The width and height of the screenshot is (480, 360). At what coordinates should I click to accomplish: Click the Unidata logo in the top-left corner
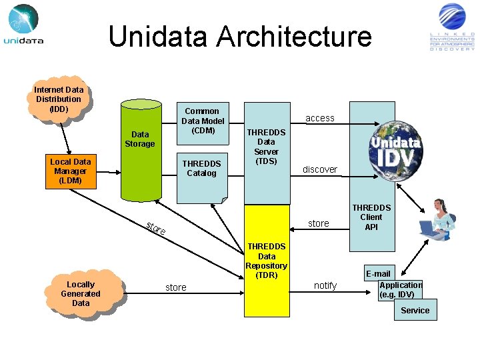tap(24, 25)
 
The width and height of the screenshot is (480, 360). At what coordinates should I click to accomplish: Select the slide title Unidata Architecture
tap(240, 36)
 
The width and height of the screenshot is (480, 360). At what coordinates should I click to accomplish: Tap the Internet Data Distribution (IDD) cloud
tap(59, 99)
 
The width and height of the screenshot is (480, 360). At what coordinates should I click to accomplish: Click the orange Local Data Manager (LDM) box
tap(70, 171)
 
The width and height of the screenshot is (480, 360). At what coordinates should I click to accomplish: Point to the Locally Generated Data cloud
tap(81, 294)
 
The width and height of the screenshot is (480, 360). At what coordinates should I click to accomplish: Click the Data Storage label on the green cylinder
tap(140, 139)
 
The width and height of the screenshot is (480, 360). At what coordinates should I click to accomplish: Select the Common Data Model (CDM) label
tap(202, 121)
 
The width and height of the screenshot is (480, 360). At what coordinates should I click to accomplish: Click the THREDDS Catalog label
tap(201, 169)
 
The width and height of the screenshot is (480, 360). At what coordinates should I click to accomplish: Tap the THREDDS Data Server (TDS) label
tap(266, 147)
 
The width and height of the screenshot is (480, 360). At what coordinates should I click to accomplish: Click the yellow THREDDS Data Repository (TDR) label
tap(266, 261)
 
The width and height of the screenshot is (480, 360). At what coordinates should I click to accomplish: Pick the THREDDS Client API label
tap(371, 217)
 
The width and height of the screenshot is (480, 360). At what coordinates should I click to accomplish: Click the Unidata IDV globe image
tap(396, 150)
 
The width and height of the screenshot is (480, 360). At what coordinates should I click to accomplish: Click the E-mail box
tap(378, 274)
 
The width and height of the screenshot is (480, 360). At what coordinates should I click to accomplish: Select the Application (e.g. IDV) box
tap(400, 290)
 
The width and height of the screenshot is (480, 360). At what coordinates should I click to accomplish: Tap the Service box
tap(415, 311)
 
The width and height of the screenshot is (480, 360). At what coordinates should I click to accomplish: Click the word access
tap(320, 118)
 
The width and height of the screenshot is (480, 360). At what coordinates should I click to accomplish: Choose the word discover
tap(320, 169)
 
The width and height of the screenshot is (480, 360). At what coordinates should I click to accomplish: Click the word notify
tap(325, 285)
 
